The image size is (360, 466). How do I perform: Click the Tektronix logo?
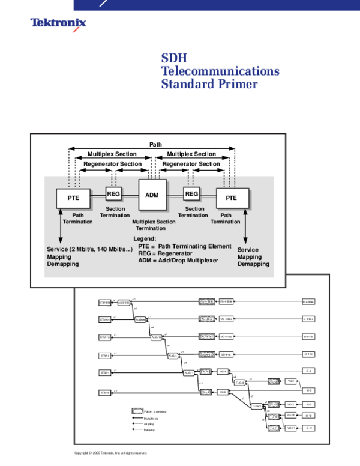[x=59, y=25]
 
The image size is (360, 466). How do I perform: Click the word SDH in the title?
[x=174, y=58]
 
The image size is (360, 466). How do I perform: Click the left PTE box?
[x=73, y=198]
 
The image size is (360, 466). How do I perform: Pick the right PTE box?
[x=232, y=198]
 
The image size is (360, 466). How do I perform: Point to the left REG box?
[x=113, y=193]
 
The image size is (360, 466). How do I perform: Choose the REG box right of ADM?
[x=191, y=193]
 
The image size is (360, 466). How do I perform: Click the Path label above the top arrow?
[x=155, y=145]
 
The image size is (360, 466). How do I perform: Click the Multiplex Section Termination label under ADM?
[x=154, y=225]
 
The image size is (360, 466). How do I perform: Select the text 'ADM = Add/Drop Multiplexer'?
[x=178, y=261]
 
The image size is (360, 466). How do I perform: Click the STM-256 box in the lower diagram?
[x=104, y=302]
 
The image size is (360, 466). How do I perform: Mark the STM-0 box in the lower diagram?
[x=104, y=393]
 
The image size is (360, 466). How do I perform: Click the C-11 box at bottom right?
[x=308, y=428]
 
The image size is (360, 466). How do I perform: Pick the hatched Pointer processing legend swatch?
[x=137, y=411]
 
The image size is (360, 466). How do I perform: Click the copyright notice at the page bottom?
[x=110, y=453]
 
